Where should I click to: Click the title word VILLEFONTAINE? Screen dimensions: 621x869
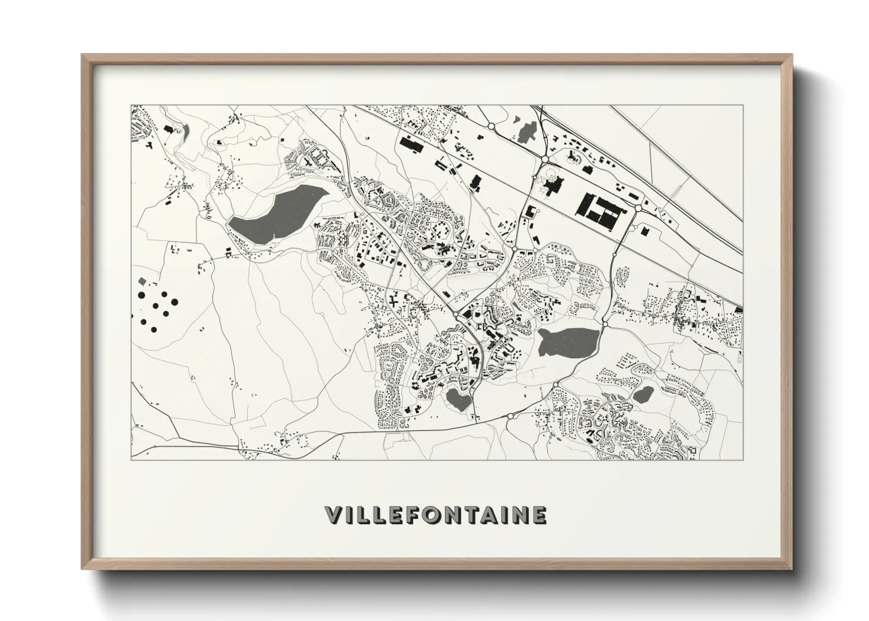pyautogui.click(x=435, y=515)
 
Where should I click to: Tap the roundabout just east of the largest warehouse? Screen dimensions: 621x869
pyautogui.click(x=638, y=208)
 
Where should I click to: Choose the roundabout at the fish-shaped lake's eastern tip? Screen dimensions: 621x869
pyautogui.click(x=605, y=323)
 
